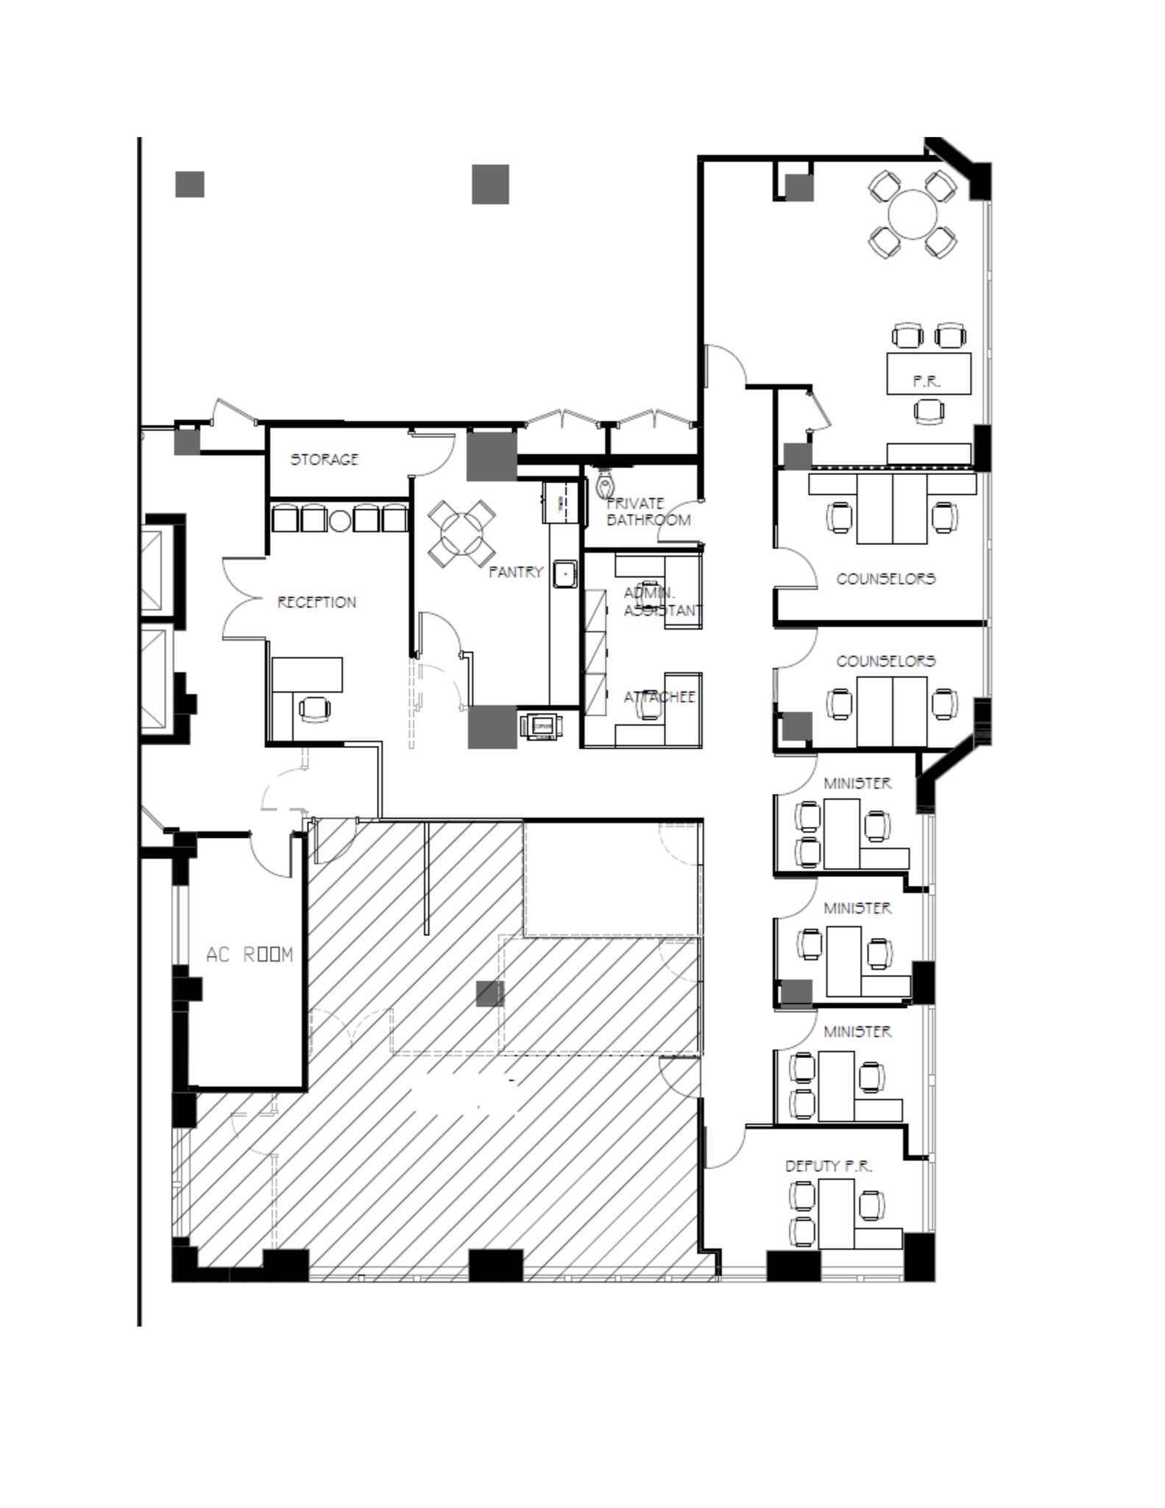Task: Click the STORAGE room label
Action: point(325,459)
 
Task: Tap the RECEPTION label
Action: point(316,602)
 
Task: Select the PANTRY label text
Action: point(516,571)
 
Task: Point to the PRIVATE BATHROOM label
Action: point(648,512)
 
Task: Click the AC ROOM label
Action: point(249,955)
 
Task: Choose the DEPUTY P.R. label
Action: point(828,1166)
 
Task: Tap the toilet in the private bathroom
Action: point(605,485)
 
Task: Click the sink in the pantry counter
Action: point(565,574)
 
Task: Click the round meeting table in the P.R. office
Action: point(913,214)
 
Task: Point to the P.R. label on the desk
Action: point(927,381)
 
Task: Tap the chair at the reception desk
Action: point(315,708)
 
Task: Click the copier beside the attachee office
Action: point(540,726)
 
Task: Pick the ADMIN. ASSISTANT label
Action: point(662,602)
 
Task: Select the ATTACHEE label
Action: point(659,697)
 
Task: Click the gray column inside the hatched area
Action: point(490,993)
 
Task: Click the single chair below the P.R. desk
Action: point(929,409)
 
